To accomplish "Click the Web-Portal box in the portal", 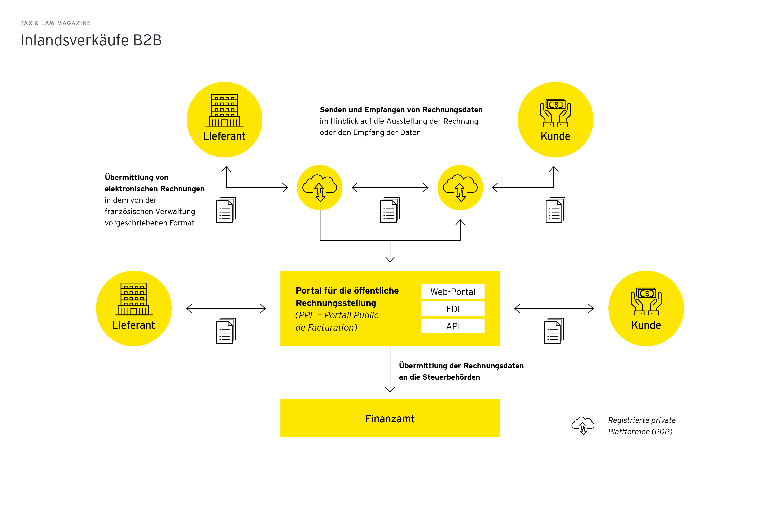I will (x=453, y=292).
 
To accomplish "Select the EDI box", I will (x=453, y=309).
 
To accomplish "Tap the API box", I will (x=453, y=326).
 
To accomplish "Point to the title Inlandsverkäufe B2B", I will (x=91, y=40).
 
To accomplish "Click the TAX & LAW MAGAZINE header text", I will (x=56, y=23).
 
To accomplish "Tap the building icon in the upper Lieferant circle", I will (x=225, y=110).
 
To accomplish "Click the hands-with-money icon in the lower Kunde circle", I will (x=646, y=301).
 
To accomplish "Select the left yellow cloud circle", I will (x=320, y=188).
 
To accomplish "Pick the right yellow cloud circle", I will (x=460, y=188).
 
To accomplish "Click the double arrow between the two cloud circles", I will (x=390, y=188).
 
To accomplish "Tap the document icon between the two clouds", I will (x=390, y=210).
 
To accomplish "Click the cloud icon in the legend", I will (x=583, y=425).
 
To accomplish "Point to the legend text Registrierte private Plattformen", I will (x=641, y=426).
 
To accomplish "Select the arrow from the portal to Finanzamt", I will (x=390, y=371).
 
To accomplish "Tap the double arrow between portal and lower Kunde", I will (x=554, y=309).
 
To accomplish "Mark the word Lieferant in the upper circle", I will (x=224, y=136).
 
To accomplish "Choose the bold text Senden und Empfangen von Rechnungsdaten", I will (x=401, y=110).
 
